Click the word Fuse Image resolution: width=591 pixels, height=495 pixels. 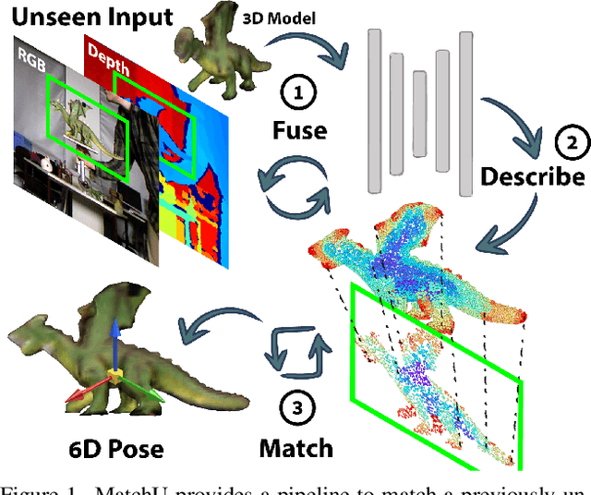point(299,130)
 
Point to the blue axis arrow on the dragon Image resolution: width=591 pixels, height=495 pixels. point(113,337)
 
